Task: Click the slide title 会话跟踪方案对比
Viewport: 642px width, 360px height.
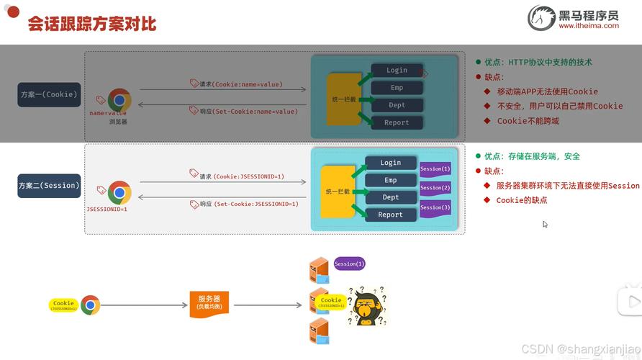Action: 91,24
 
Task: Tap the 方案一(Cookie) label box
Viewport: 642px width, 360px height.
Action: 49,94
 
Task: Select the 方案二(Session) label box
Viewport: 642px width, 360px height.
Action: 49,186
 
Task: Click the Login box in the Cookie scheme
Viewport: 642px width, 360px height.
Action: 397,71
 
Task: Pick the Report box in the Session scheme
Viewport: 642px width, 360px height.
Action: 391,215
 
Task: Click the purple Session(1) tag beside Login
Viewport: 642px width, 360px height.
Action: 435,169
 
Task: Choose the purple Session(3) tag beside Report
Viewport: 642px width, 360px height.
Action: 435,207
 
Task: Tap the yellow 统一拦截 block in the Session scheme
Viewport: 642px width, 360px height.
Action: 338,192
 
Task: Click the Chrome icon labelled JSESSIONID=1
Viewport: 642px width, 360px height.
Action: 119,193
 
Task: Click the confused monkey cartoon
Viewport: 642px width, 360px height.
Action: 367,307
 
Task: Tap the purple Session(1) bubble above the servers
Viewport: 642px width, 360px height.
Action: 349,264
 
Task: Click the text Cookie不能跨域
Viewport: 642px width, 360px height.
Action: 528,121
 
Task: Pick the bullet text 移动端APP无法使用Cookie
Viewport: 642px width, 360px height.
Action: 547,91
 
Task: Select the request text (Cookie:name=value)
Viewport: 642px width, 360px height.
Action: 248,84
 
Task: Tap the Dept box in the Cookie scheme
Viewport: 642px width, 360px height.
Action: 397,105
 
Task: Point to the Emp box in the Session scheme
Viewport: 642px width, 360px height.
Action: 391,180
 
